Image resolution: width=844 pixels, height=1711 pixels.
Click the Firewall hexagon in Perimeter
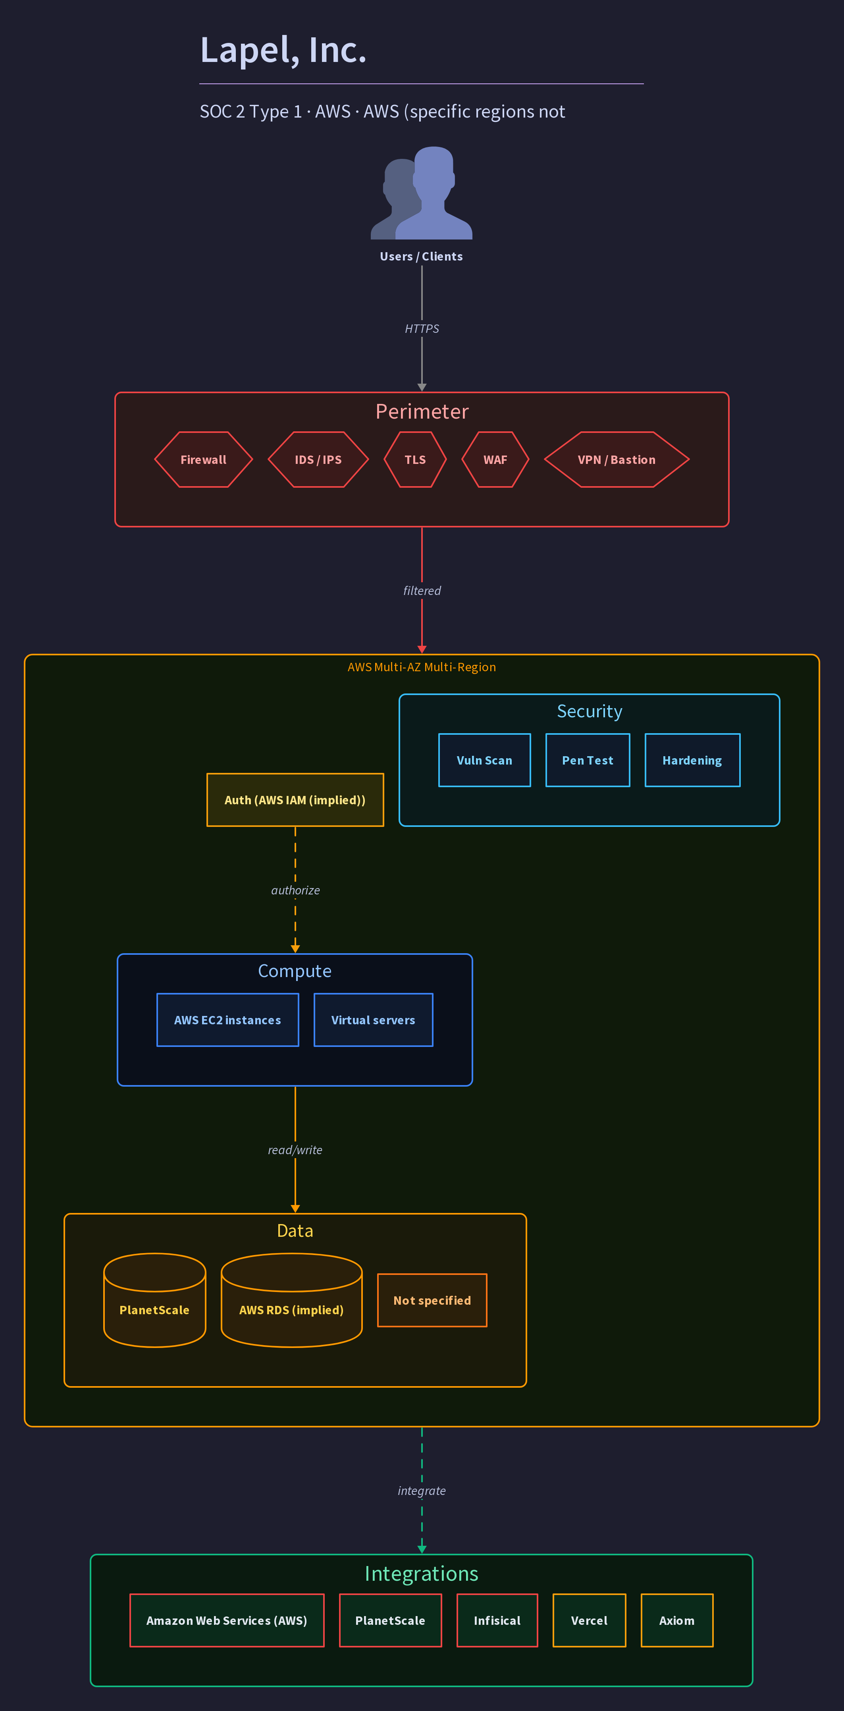click(203, 460)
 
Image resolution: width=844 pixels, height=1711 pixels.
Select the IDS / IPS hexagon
click(318, 460)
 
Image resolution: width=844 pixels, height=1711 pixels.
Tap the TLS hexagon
click(415, 460)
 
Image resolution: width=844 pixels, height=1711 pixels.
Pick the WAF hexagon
click(495, 460)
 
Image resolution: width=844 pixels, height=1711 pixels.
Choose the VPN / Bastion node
click(616, 460)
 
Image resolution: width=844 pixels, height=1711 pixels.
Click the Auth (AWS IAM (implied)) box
click(295, 800)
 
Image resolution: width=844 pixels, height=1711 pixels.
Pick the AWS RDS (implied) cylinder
click(291, 1300)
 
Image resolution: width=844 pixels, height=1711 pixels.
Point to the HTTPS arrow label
click(422, 329)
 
